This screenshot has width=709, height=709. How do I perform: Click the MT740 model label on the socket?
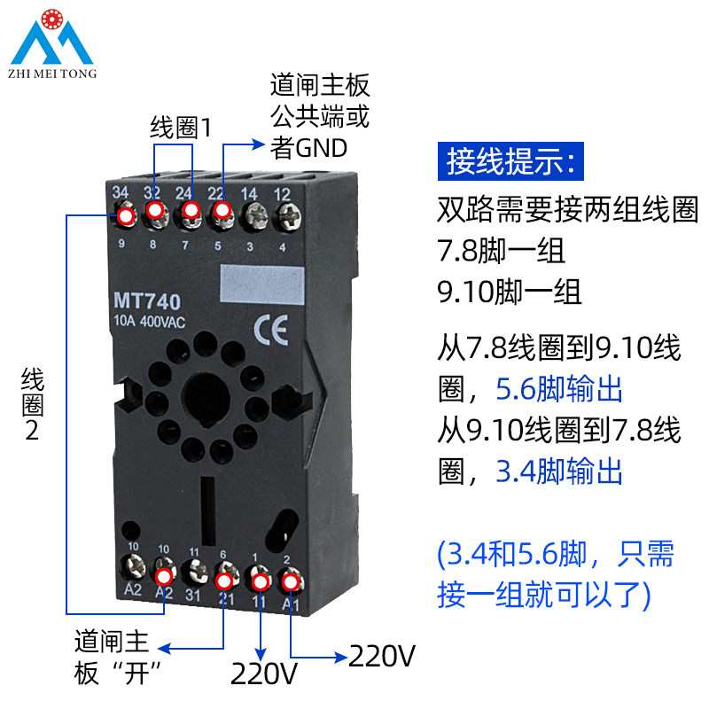pyautogui.click(x=147, y=301)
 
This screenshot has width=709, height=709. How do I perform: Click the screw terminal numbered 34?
pyautogui.click(x=125, y=215)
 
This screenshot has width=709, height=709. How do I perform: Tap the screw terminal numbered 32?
pyautogui.click(x=155, y=212)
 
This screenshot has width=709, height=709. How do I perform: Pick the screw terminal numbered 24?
pyautogui.click(x=189, y=212)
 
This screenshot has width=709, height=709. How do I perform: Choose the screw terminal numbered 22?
pyautogui.click(x=222, y=211)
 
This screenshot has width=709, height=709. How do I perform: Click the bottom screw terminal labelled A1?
pyautogui.click(x=289, y=582)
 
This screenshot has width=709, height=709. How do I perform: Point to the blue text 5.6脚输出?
pyautogui.click(x=559, y=390)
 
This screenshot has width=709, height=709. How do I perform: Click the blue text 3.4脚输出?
pyautogui.click(x=559, y=471)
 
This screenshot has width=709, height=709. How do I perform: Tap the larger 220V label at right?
pyautogui.click(x=382, y=657)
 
